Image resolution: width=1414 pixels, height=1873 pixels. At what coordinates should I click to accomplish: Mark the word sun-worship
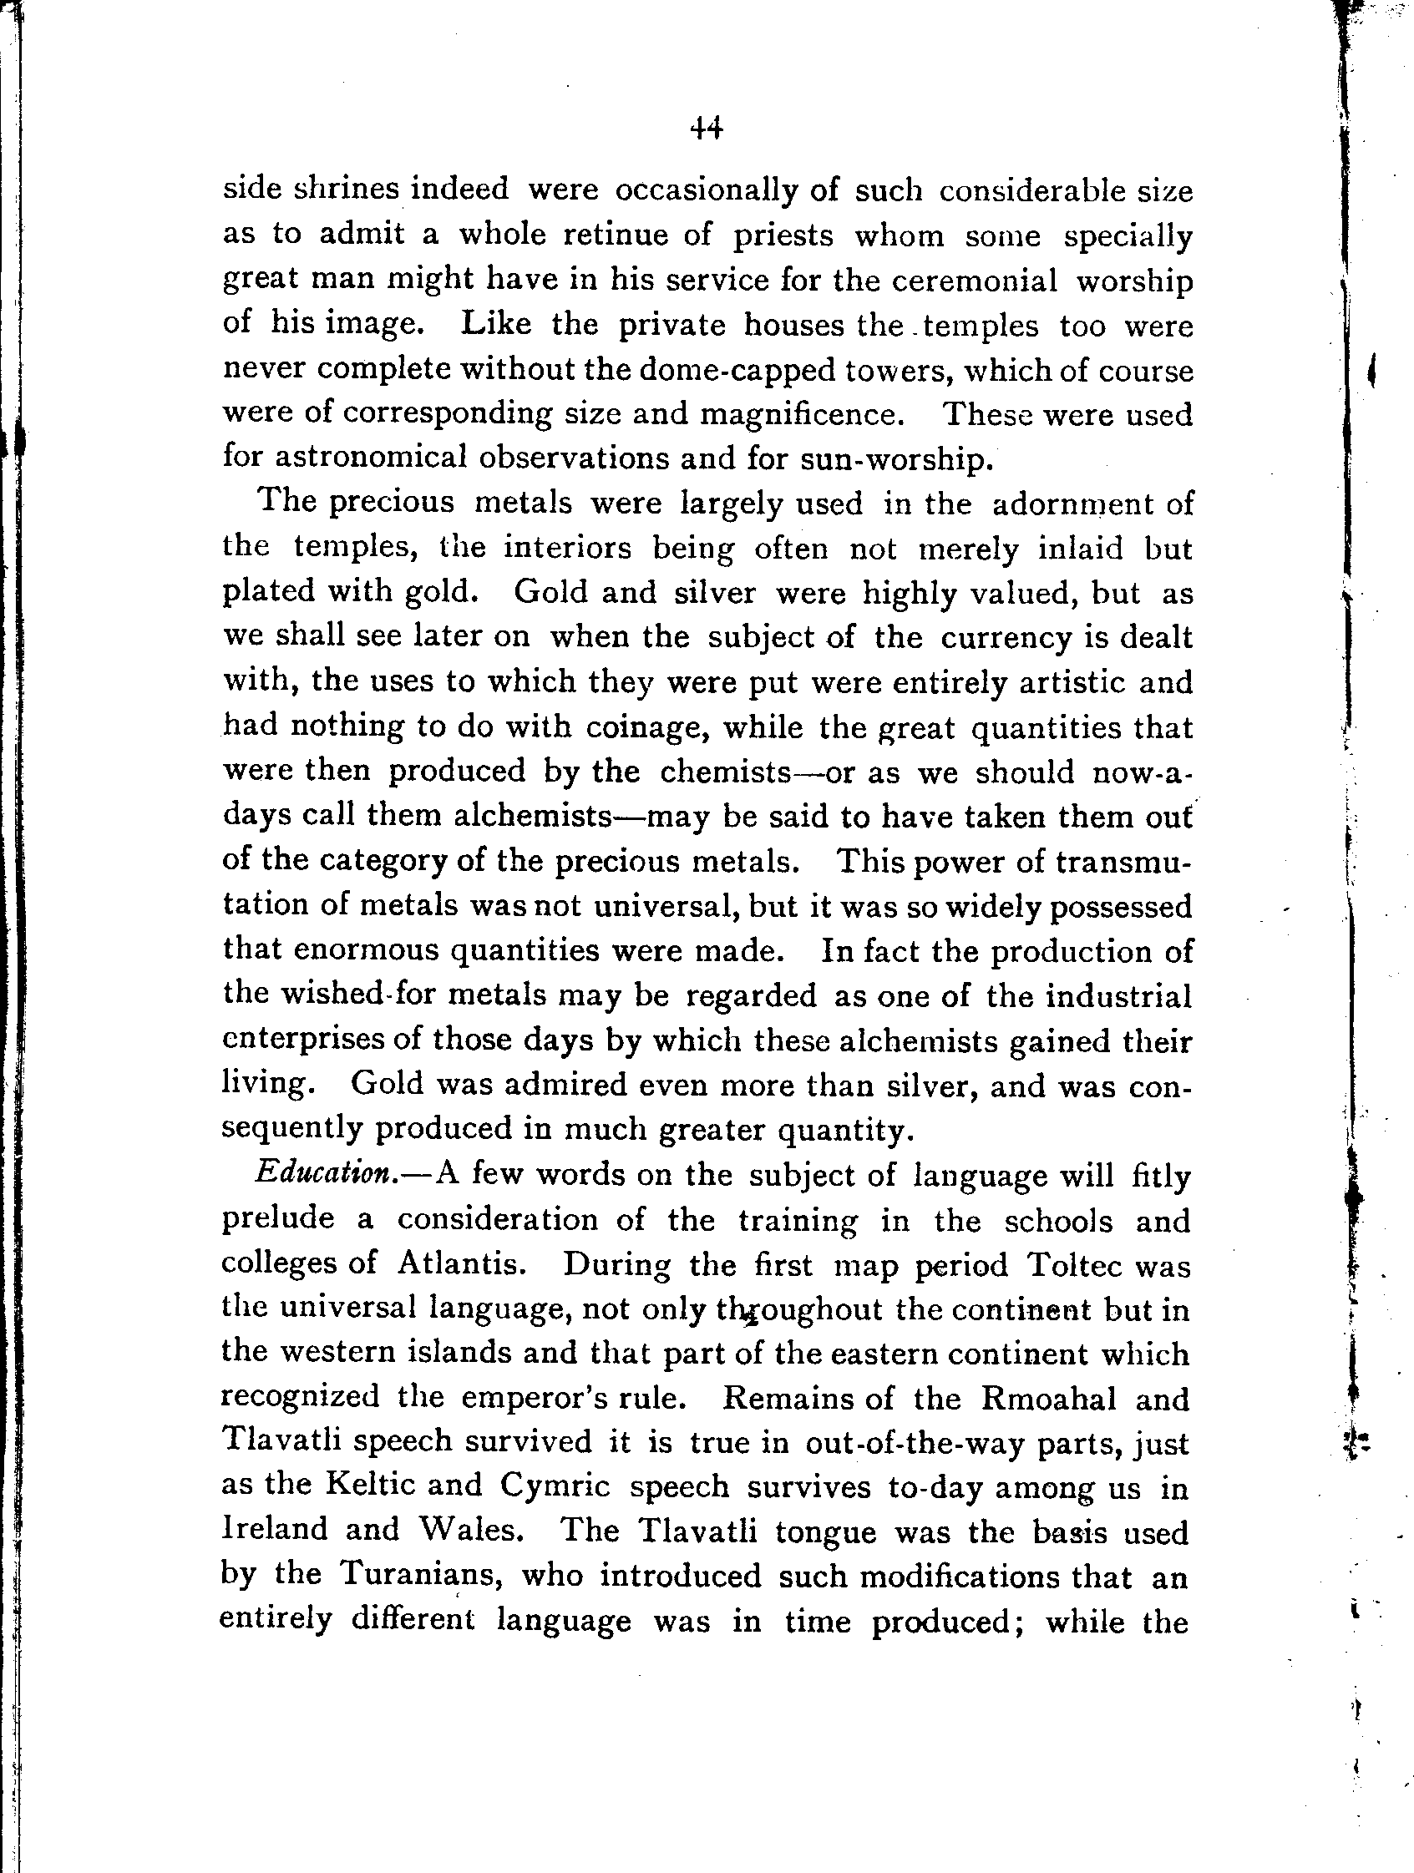tap(894, 459)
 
